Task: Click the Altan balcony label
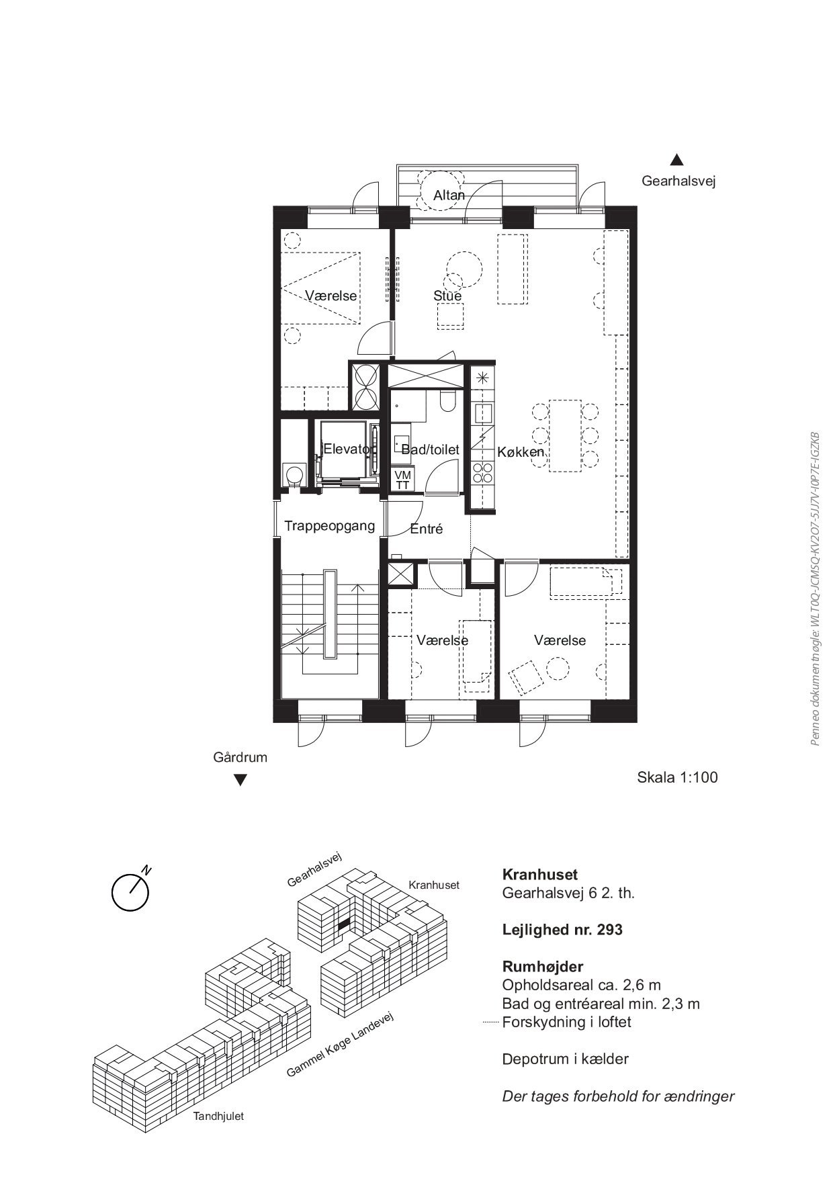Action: click(x=449, y=195)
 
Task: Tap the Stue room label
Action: click(x=447, y=296)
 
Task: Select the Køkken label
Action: click(x=521, y=452)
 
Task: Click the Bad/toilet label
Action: click(x=430, y=449)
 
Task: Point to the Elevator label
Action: click(x=347, y=449)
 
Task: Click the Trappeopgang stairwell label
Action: click(x=329, y=525)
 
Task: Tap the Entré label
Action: click(x=427, y=529)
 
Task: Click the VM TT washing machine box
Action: click(x=403, y=480)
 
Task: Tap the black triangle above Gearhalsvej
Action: click(x=677, y=160)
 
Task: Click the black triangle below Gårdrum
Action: click(x=240, y=781)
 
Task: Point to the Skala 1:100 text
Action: click(x=677, y=777)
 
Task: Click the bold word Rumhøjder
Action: click(x=543, y=967)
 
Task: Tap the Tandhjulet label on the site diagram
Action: click(x=218, y=1117)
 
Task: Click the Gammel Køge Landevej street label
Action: click(x=339, y=1045)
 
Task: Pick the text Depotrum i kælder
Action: click(x=566, y=1059)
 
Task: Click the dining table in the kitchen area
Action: click(x=565, y=435)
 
